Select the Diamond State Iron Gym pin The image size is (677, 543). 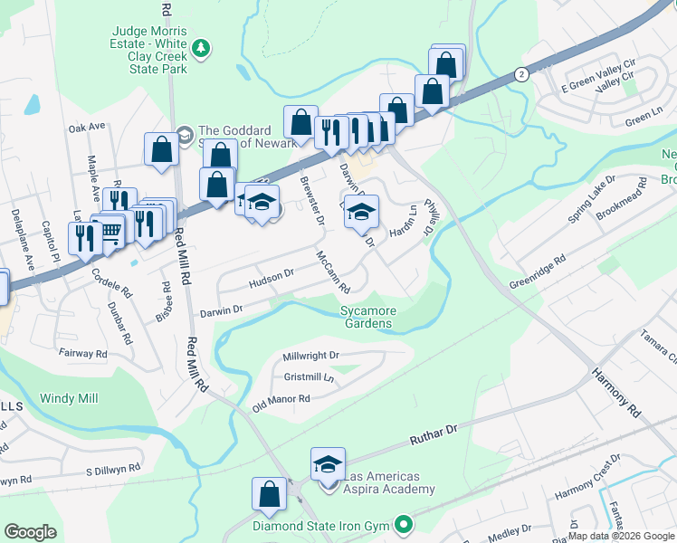[x=404, y=524]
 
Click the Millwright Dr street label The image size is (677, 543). [x=310, y=357]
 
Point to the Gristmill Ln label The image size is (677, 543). [x=309, y=376]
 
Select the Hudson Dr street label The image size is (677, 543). [x=272, y=280]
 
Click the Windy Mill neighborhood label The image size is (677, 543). [x=69, y=398]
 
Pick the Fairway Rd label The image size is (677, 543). [x=82, y=353]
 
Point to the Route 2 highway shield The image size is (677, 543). [x=520, y=74]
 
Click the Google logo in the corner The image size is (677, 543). [x=30, y=532]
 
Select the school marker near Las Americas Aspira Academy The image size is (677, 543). [x=328, y=465]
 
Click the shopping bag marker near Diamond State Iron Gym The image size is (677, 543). [x=269, y=495]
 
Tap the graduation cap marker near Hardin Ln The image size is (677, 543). [x=361, y=213]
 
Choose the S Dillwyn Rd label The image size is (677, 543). [x=113, y=470]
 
